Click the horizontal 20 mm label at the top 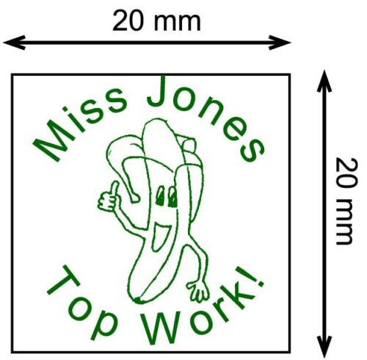click(156, 21)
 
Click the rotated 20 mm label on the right click(346, 201)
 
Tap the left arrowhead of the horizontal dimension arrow click(14, 43)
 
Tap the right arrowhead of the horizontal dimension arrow click(280, 43)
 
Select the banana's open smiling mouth click(159, 237)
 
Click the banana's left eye click(161, 196)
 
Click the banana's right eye click(173, 197)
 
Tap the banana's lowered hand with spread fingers click(199, 292)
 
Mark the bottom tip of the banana click(138, 300)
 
